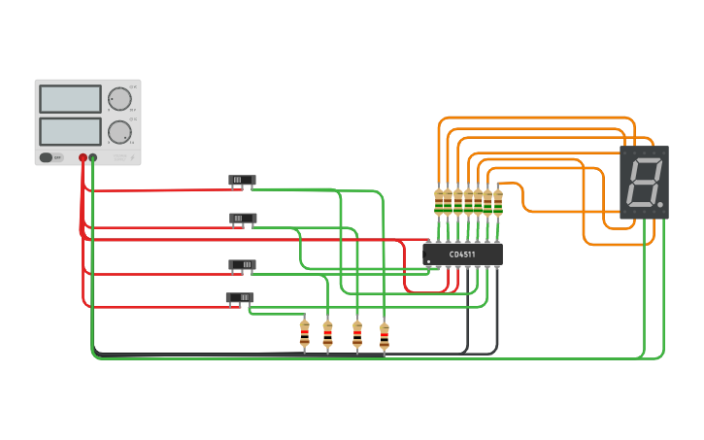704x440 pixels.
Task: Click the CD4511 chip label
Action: (x=462, y=254)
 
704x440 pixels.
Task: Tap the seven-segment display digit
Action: (x=645, y=182)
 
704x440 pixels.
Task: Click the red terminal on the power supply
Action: (x=83, y=157)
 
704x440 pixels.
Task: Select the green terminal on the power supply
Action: (x=93, y=157)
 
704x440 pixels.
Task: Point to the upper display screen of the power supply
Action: (x=70, y=99)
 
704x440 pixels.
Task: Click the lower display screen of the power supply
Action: (x=70, y=131)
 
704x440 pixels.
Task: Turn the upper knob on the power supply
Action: (x=119, y=99)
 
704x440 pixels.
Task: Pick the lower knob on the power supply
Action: (x=119, y=132)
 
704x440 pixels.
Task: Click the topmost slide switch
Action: (x=242, y=180)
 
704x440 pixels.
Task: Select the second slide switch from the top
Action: (x=243, y=219)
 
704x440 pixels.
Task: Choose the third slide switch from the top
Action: (x=242, y=264)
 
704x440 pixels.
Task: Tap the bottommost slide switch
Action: (x=240, y=297)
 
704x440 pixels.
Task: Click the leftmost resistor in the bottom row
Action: (x=304, y=334)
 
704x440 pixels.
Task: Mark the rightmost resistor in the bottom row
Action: (x=385, y=335)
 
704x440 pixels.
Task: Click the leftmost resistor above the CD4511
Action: (x=439, y=202)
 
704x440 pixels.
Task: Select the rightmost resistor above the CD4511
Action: (x=498, y=202)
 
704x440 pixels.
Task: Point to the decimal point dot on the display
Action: (x=660, y=205)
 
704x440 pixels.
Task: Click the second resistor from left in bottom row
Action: (x=327, y=334)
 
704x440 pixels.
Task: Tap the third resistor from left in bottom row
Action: (x=357, y=334)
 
